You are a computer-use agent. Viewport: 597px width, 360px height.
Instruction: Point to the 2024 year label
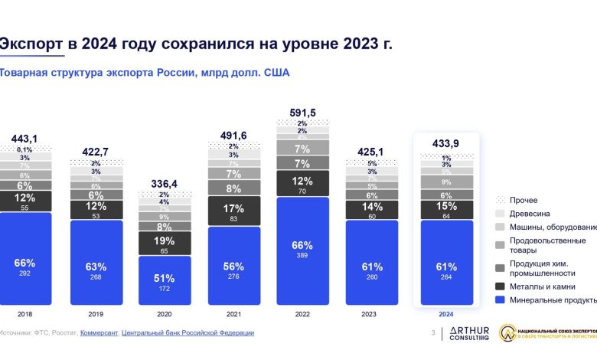tap(445, 314)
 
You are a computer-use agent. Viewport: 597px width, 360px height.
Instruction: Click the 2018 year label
tap(24, 314)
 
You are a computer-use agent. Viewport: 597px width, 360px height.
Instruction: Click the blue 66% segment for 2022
tap(302, 251)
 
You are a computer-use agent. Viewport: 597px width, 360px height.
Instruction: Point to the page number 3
tap(433, 332)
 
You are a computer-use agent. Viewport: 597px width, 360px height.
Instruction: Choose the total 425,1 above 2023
tap(372, 150)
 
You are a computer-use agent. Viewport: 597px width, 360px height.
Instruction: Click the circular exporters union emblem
tap(507, 333)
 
